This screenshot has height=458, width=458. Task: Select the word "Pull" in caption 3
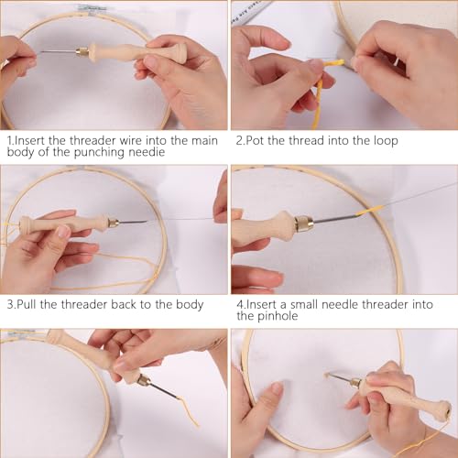point(30,304)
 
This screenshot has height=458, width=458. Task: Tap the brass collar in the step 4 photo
point(303,223)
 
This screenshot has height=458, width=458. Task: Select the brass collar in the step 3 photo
point(112,222)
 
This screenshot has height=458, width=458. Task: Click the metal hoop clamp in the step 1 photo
point(92,8)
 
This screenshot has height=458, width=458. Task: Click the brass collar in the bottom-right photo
point(354,379)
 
